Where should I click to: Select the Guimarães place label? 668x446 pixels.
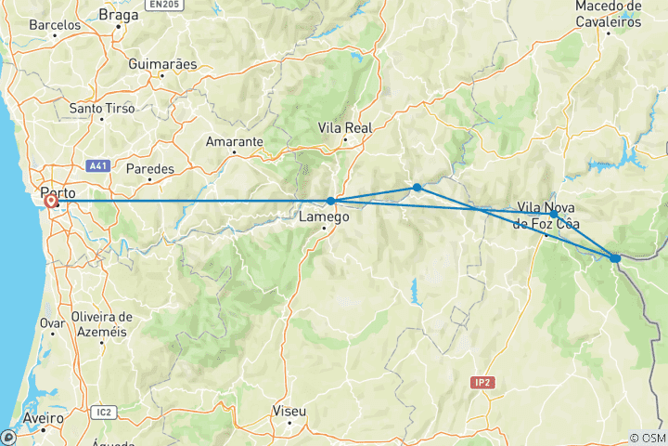[x=162, y=63]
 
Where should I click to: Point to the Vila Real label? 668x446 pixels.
[x=344, y=127]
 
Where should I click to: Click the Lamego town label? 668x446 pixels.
[x=324, y=217]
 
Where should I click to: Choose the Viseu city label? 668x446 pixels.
[x=289, y=410]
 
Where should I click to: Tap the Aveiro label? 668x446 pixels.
[x=44, y=419]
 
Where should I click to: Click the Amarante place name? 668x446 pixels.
[x=237, y=141]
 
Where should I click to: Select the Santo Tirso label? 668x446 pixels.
[x=102, y=109]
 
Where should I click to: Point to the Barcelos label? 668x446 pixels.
[x=56, y=25]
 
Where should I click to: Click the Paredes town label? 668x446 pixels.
[x=148, y=169]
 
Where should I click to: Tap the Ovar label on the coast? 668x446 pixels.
[x=52, y=323]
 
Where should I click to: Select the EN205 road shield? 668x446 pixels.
[x=168, y=5]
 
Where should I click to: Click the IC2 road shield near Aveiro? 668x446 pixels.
[x=103, y=411]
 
